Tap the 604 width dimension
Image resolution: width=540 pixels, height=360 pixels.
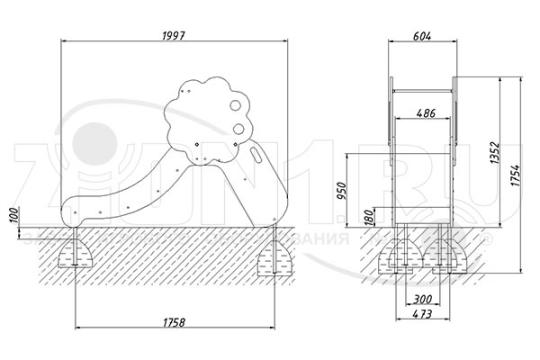click(421, 34)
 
